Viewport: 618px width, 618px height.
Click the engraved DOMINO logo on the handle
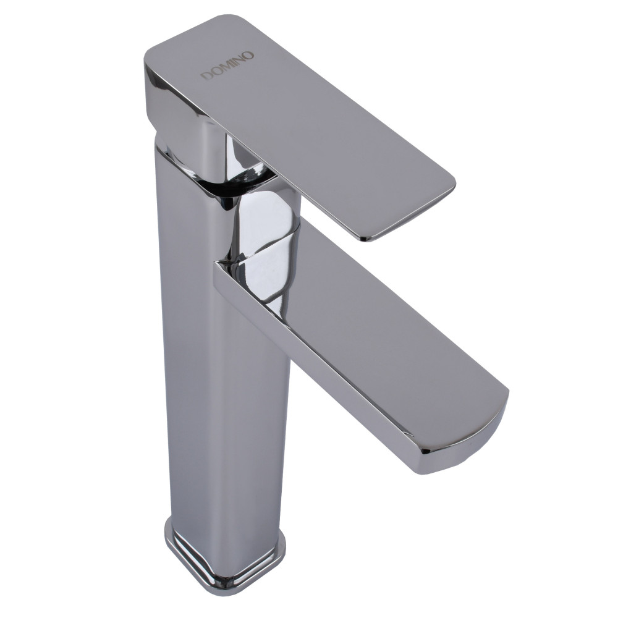coord(229,66)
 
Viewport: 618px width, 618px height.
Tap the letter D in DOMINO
coord(208,75)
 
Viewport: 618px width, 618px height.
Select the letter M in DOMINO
coord(227,66)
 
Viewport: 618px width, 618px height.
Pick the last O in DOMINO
coord(250,55)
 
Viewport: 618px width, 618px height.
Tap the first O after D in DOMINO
coord(217,71)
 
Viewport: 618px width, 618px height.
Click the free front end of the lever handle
coord(414,213)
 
